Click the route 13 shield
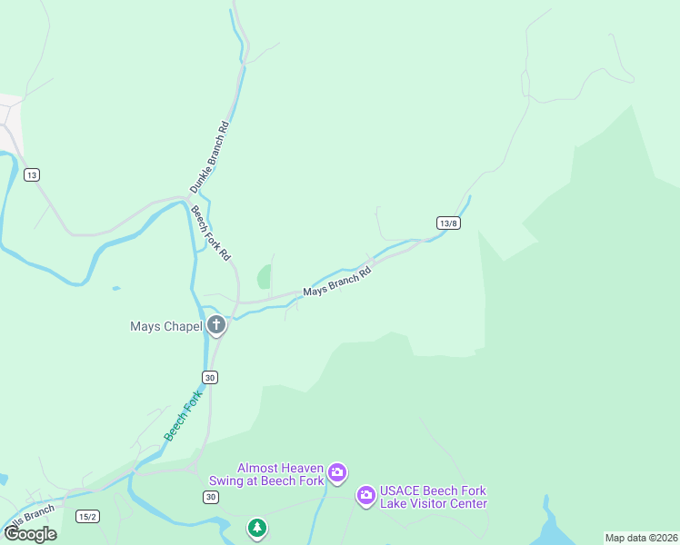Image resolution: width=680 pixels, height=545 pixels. coord(33,174)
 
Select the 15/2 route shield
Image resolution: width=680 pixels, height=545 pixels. coord(87,517)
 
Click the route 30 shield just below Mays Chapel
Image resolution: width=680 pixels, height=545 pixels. coord(210,378)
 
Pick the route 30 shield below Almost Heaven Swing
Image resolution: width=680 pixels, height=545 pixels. coord(210,497)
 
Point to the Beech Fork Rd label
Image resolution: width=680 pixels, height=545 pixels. coord(210,234)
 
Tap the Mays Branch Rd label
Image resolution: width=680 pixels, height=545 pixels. coord(337,282)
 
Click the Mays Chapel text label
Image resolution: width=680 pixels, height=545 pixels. coord(165,326)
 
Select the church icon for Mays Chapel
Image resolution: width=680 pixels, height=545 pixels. coord(216,324)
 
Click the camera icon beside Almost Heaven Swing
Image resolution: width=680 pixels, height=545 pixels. coord(337,471)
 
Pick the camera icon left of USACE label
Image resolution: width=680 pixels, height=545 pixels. coord(365,495)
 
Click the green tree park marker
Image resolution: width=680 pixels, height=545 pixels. coord(257,527)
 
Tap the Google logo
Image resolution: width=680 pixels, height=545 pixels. coord(30,533)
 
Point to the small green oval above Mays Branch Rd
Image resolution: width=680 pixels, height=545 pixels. coord(264,276)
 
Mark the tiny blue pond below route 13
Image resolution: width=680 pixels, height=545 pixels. coord(115,288)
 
